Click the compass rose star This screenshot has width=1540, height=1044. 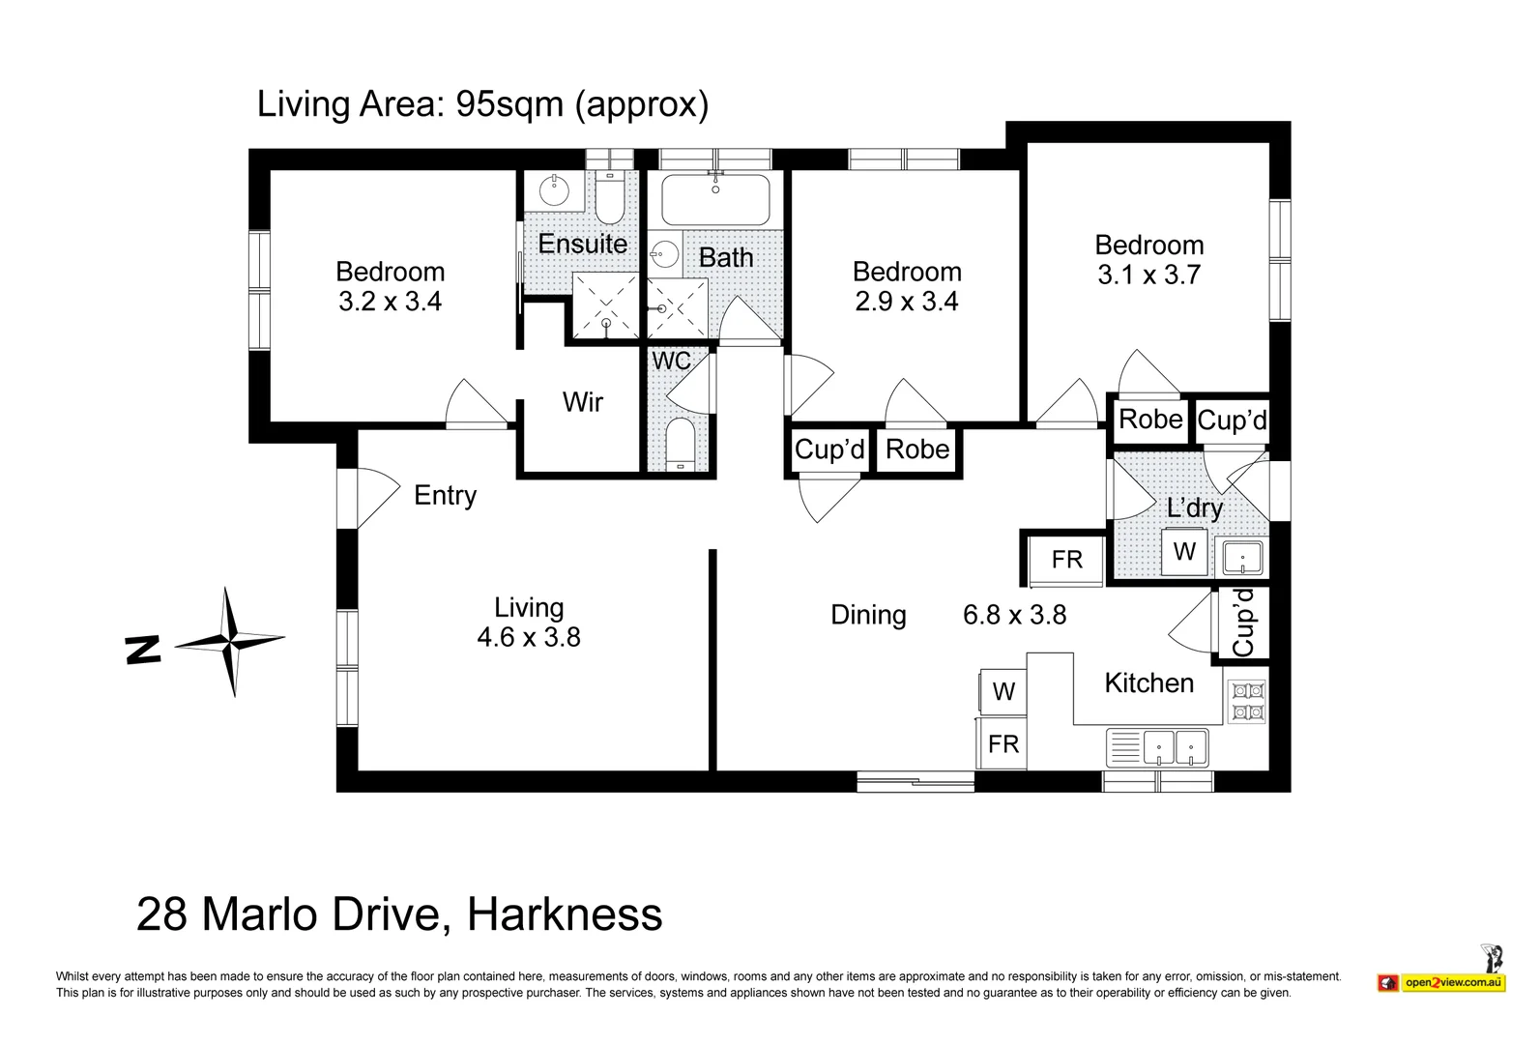230,641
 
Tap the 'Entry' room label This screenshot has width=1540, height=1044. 446,496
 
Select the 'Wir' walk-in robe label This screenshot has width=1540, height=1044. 583,402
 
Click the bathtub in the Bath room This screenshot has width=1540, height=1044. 715,199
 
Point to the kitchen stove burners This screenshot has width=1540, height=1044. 1246,701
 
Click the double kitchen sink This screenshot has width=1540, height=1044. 1157,748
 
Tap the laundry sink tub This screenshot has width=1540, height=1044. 1241,557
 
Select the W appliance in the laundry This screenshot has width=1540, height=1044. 1184,551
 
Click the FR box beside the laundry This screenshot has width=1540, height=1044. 1066,560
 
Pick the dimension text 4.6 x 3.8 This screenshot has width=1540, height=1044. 529,637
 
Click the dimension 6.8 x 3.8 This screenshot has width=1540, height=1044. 1015,615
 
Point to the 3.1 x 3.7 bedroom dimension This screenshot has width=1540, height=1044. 1148,275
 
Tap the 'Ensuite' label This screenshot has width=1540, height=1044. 582,244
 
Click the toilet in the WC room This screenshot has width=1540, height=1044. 680,444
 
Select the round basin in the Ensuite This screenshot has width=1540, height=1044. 554,190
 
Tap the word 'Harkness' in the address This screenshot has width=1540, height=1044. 565,914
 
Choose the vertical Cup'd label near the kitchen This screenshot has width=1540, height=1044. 1243,623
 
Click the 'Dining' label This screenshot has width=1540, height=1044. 868,615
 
